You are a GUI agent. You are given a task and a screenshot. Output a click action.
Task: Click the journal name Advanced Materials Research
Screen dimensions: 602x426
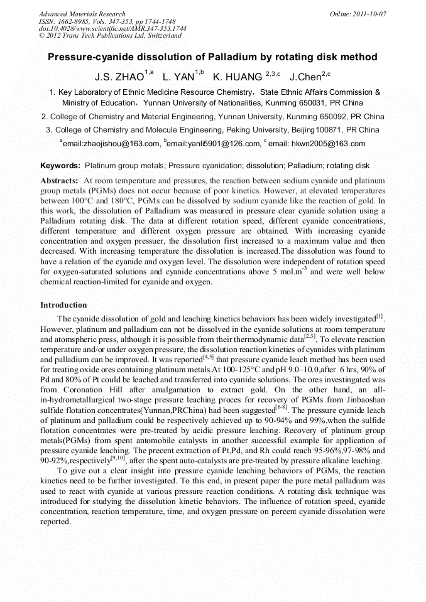click(82, 14)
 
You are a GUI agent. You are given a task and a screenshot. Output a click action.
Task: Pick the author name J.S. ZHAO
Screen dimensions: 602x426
click(119, 78)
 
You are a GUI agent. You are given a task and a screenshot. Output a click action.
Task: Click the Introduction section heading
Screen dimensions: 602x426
click(63, 305)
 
